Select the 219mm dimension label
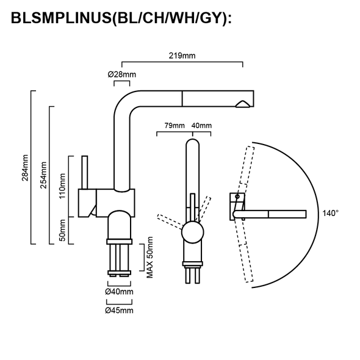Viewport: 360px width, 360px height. pyautogui.click(x=182, y=56)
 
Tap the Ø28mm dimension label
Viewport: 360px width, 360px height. pyautogui.click(x=121, y=74)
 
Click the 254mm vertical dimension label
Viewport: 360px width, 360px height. pyautogui.click(x=43, y=175)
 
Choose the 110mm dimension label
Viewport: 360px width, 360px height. pyautogui.click(x=62, y=185)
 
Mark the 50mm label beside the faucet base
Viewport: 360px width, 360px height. pyautogui.click(x=62, y=231)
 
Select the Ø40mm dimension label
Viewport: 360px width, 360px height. pyautogui.click(x=120, y=292)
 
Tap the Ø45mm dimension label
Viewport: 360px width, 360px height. pyautogui.click(x=120, y=310)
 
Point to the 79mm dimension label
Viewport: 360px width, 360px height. pyautogui.click(x=174, y=126)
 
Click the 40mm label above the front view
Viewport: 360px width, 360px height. pyautogui.click(x=201, y=126)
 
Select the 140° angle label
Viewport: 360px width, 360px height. pyautogui.click(x=329, y=213)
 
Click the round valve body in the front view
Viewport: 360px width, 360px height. pyautogui.click(x=192, y=234)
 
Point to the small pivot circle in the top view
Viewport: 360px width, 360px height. pyautogui.click(x=235, y=197)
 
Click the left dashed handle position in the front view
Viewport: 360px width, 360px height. pyautogui.click(x=169, y=218)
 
